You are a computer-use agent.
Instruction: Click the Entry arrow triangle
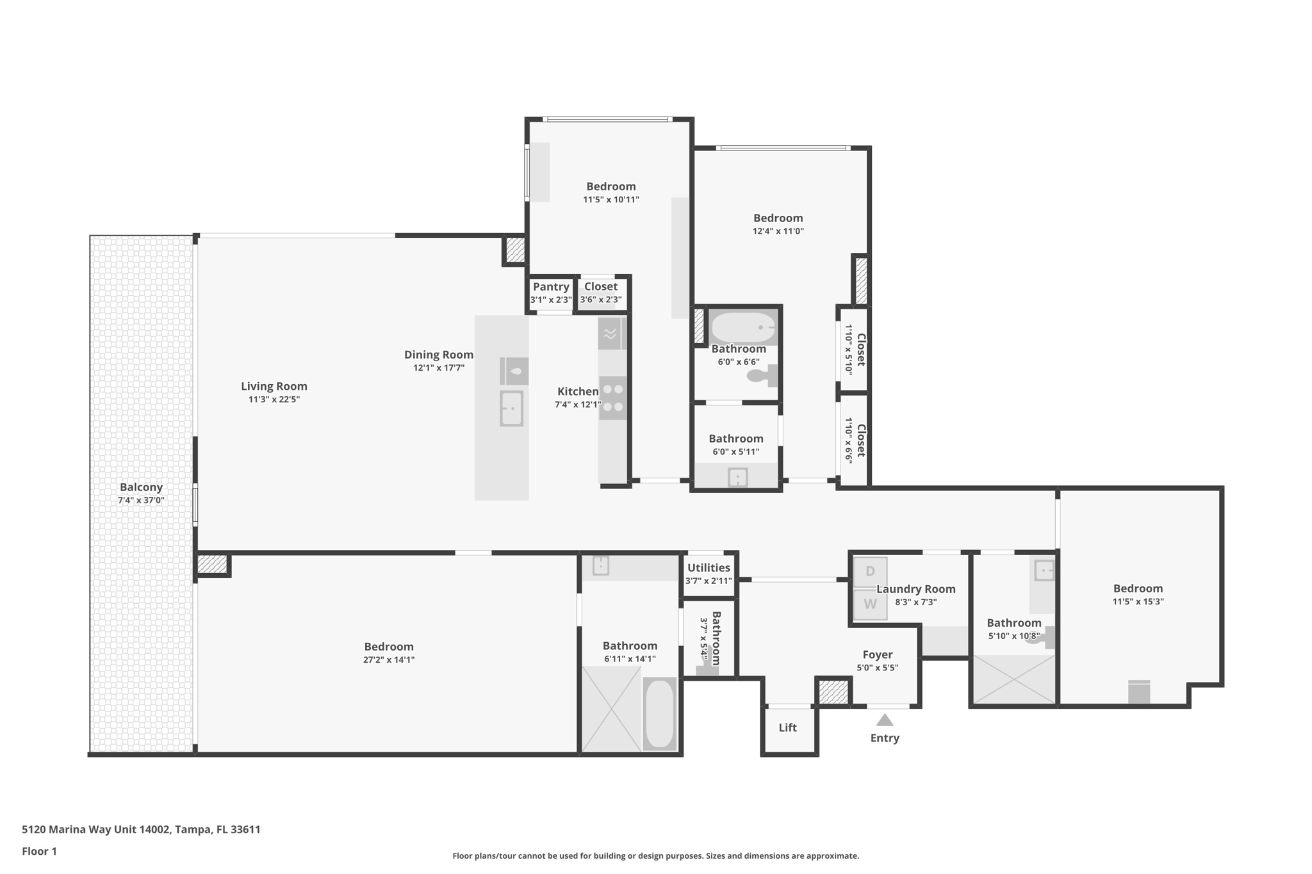(885, 720)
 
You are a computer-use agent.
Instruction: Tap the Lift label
(787, 727)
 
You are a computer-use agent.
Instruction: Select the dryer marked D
(870, 572)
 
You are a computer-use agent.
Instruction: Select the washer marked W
(870, 604)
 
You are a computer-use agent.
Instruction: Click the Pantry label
(551, 287)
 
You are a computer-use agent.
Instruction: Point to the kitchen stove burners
(613, 398)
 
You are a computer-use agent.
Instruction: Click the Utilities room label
(709, 568)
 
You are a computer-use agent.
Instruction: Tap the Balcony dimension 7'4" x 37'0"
(141, 500)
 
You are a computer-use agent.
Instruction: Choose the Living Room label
(274, 386)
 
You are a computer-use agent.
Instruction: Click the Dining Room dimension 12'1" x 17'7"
(439, 368)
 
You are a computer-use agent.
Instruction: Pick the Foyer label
(877, 654)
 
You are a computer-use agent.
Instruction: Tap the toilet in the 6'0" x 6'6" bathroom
(763, 376)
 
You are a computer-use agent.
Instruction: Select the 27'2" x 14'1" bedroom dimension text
(389, 660)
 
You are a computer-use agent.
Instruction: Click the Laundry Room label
(915, 589)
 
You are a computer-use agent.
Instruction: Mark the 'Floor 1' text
(39, 851)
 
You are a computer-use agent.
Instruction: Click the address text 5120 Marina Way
(141, 829)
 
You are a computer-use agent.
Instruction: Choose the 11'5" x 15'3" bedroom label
(1138, 588)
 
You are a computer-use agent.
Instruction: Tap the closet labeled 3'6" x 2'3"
(601, 287)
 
